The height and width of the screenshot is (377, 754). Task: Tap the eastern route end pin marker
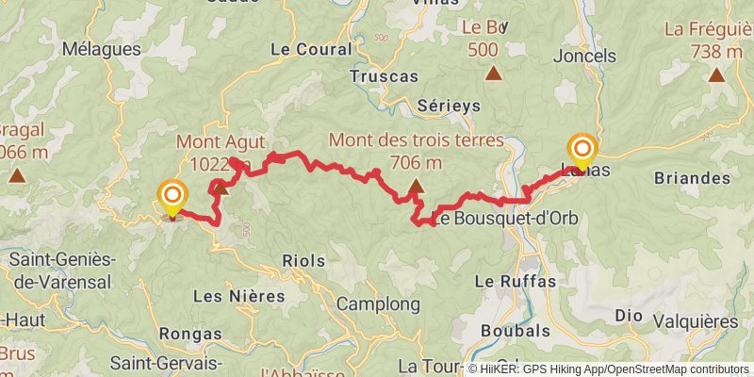pyautogui.click(x=583, y=150)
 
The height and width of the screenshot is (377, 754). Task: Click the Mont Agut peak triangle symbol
pyautogui.click(x=221, y=189)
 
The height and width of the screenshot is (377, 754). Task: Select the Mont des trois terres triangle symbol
pyautogui.click(x=414, y=197)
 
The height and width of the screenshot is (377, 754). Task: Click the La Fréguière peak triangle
pyautogui.click(x=716, y=76)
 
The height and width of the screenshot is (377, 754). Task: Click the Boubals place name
pyautogui.click(x=516, y=331)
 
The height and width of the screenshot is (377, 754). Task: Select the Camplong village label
pyautogui.click(x=378, y=304)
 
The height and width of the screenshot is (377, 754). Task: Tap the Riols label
pyautogui.click(x=303, y=260)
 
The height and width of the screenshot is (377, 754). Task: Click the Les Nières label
pyautogui.click(x=238, y=296)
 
